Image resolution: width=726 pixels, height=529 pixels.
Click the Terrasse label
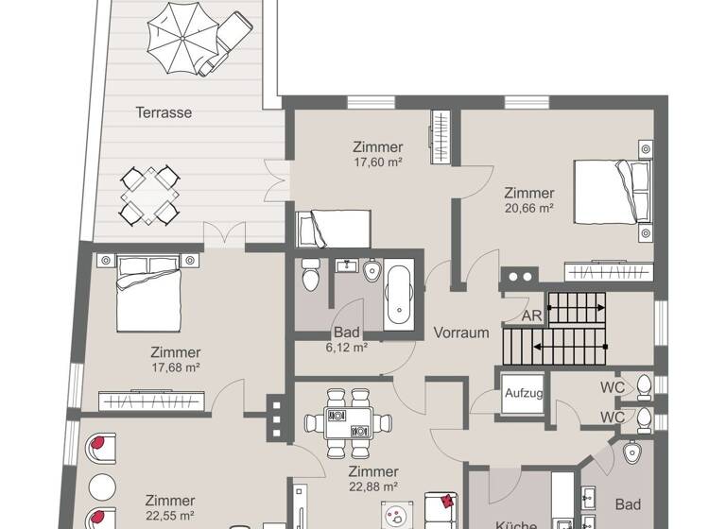(x=164, y=112)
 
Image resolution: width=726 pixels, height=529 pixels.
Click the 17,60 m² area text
(x=378, y=162)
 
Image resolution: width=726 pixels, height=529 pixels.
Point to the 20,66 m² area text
(x=528, y=206)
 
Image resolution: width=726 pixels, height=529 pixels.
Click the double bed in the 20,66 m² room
(x=614, y=192)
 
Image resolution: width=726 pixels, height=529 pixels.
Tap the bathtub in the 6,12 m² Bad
(x=398, y=292)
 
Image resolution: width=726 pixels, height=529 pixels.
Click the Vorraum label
(x=461, y=333)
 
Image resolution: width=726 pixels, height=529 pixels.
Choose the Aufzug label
(x=523, y=393)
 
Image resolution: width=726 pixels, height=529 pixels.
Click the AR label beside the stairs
(x=532, y=316)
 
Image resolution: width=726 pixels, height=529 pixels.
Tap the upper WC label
(x=612, y=387)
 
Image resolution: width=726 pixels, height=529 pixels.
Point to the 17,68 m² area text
(x=175, y=367)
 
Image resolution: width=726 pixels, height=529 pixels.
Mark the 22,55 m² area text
(x=170, y=517)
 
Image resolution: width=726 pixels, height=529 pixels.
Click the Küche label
(x=516, y=524)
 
